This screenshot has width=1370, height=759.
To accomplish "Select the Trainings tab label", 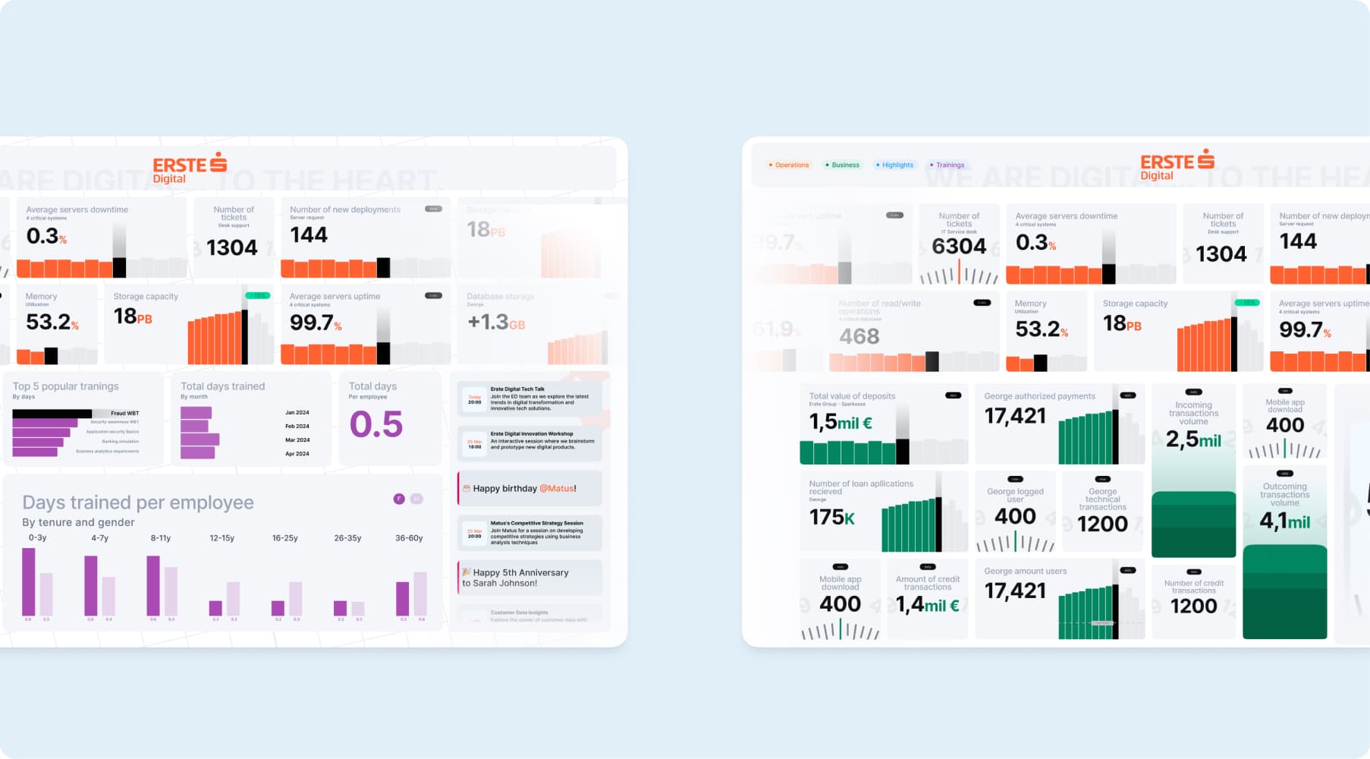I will [949, 165].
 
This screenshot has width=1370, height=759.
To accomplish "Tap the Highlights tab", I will [897, 165].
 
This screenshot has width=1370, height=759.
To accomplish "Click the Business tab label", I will [844, 165].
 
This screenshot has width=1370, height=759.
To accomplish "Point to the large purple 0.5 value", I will [375, 424].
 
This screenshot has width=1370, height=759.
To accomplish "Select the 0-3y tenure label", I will [37, 538].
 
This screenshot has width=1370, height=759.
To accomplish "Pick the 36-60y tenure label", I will [409, 538].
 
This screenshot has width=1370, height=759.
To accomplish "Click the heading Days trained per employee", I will [138, 502].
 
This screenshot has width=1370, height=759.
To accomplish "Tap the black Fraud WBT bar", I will [52, 414].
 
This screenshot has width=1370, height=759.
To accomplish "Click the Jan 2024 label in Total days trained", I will [297, 413].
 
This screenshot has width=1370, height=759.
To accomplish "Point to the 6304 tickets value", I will [959, 247].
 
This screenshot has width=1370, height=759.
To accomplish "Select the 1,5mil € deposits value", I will [841, 422].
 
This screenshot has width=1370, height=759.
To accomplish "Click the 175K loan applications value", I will [832, 518].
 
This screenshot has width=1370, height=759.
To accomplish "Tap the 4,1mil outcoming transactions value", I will [1284, 521].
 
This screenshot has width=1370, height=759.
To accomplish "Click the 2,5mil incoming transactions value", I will [1193, 439].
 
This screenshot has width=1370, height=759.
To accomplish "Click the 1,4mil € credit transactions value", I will [927, 605].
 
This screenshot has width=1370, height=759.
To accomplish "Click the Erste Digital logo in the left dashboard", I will [189, 168].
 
